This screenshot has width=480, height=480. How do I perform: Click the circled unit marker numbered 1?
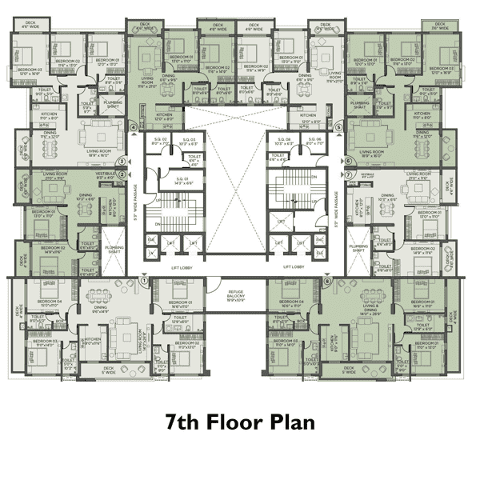[x=145, y=280]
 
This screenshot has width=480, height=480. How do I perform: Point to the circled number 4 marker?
[x=133, y=126]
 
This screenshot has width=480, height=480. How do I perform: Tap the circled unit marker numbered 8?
[x=326, y=281]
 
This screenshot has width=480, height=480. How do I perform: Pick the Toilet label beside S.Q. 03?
[x=194, y=159]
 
